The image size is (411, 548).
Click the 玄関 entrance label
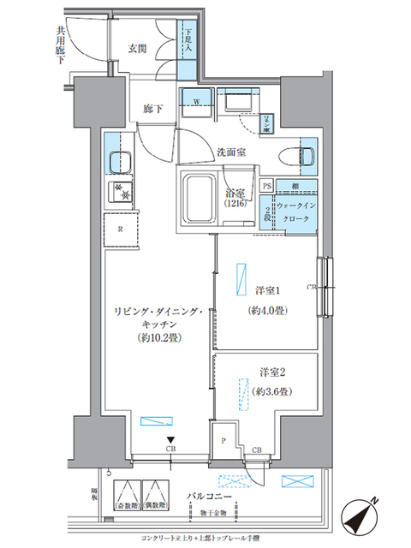coord(139,47)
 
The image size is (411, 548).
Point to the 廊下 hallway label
coord(152,110)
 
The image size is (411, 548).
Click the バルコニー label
coord(206,496)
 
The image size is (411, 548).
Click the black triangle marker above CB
coord(171,441)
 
